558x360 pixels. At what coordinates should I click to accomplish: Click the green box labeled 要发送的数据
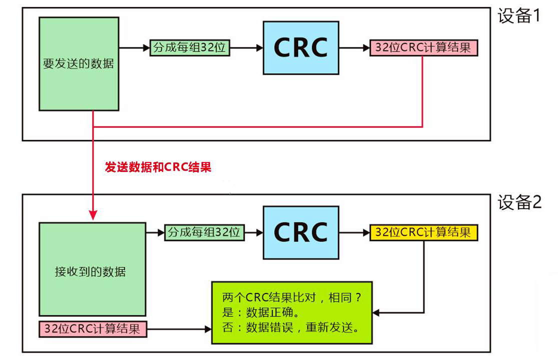[79, 63]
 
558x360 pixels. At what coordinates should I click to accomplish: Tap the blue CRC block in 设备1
[301, 48]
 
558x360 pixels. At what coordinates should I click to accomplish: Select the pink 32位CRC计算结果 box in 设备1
[423, 48]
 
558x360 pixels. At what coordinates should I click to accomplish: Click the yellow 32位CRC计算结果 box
[423, 232]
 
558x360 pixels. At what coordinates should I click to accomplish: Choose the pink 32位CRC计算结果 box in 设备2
[93, 329]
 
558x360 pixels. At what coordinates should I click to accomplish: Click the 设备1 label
[519, 16]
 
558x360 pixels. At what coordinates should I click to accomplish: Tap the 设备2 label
[519, 202]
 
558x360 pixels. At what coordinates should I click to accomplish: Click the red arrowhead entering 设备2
[93, 214]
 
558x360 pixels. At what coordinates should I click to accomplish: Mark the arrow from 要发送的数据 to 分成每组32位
[134, 48]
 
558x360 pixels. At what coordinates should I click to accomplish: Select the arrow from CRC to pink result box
[354, 48]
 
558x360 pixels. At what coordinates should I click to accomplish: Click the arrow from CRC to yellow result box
[354, 232]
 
